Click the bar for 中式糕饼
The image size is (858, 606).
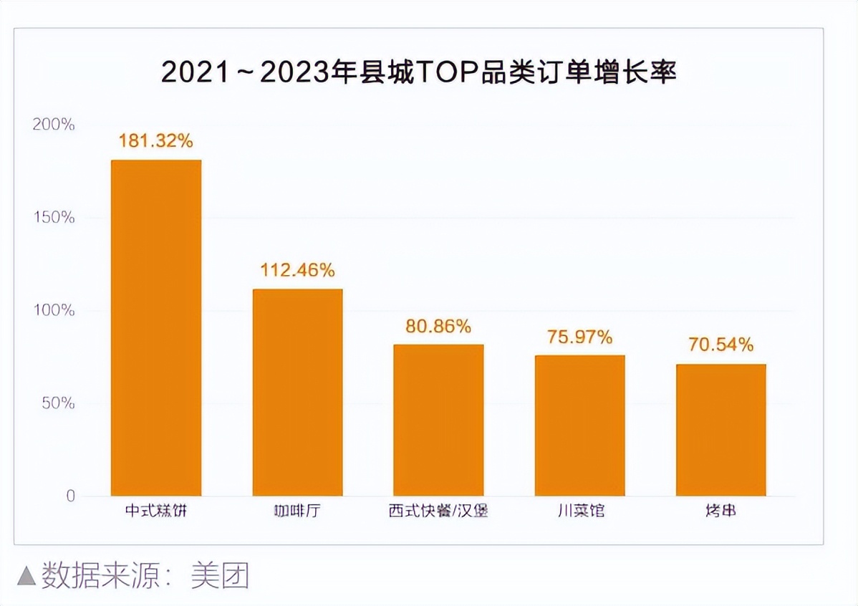156,327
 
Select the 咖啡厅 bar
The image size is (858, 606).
297,392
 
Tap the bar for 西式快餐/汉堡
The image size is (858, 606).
438,420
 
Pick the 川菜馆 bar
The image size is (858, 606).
579,425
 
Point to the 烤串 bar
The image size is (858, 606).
720,430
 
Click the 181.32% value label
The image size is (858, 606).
156,141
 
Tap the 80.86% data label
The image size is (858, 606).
438,327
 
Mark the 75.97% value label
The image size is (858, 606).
579,337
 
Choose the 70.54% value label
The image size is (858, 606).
720,345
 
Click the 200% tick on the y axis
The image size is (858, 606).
54,125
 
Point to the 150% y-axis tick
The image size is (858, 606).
54,218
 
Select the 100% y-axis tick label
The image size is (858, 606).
54,311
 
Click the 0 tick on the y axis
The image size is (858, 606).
70,496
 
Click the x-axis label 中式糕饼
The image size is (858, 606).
156,513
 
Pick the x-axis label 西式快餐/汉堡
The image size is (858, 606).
438,513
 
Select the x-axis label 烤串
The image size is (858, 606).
720,513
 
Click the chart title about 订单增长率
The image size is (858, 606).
419,73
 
